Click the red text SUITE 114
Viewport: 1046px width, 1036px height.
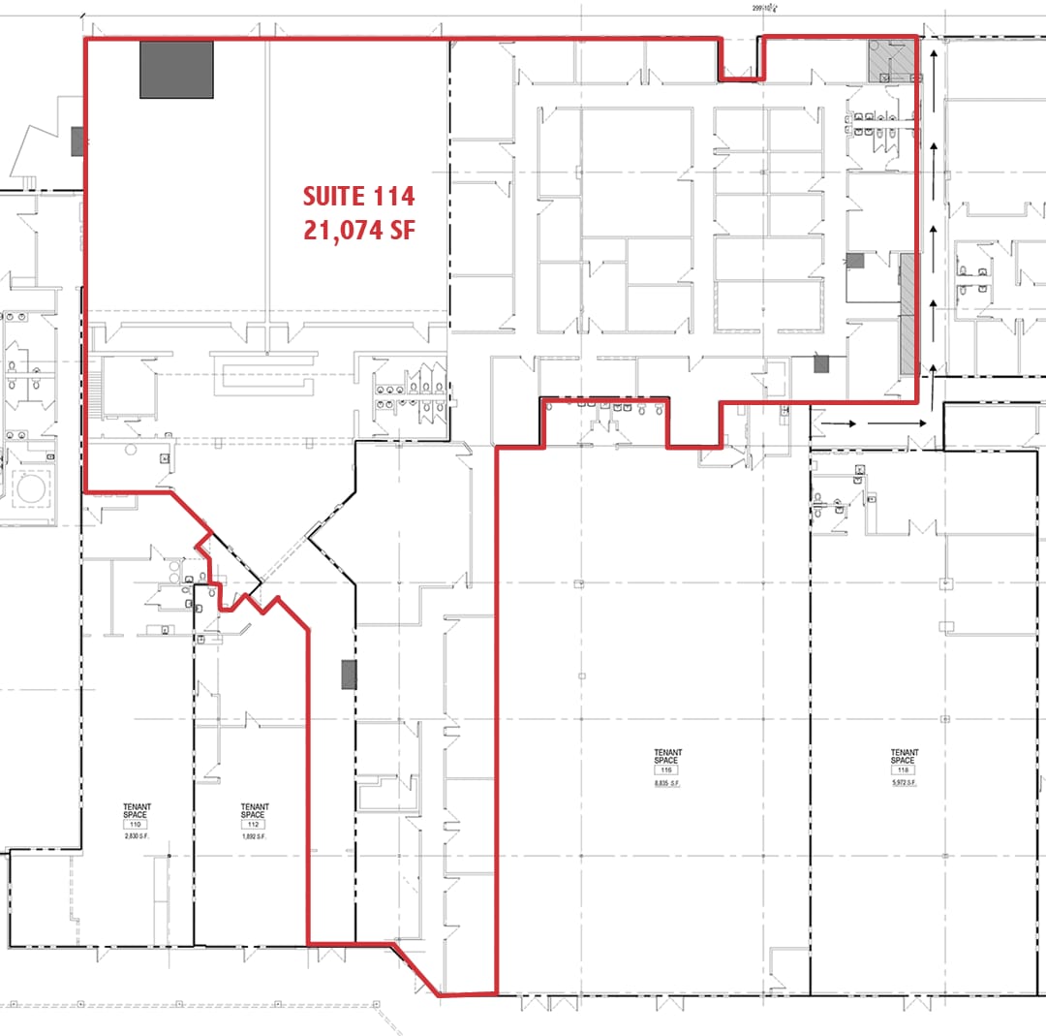[358, 197]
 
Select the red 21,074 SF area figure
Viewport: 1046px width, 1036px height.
[358, 233]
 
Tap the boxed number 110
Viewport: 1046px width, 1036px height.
[137, 824]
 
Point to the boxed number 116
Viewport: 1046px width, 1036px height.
[667, 770]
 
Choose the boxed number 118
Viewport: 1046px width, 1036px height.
[905, 770]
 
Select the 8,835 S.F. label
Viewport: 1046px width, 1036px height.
[667, 782]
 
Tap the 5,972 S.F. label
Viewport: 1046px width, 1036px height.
[905, 782]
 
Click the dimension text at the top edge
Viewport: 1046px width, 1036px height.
[766, 8]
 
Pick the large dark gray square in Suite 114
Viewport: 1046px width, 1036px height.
[176, 69]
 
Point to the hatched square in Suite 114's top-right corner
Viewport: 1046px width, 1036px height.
[890, 60]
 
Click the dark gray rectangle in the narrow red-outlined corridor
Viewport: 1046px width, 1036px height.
[349, 674]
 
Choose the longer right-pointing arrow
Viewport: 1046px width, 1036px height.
[895, 423]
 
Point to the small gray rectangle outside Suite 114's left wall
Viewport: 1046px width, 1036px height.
[77, 141]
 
